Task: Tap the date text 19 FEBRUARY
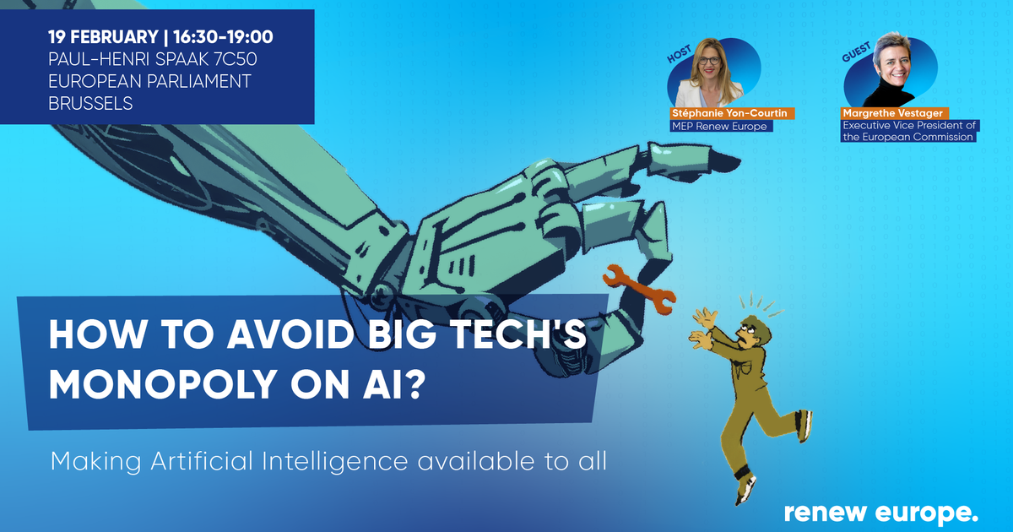click(x=103, y=37)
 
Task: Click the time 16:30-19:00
click(x=223, y=37)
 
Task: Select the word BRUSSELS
click(x=90, y=104)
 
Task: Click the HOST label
click(x=679, y=54)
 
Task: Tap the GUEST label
click(x=856, y=52)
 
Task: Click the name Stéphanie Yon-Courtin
click(x=729, y=113)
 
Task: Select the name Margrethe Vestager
click(x=893, y=113)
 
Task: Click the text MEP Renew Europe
click(x=719, y=126)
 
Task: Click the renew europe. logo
click(x=881, y=513)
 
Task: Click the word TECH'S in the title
click(x=515, y=334)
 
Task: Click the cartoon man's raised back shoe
click(x=804, y=426)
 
